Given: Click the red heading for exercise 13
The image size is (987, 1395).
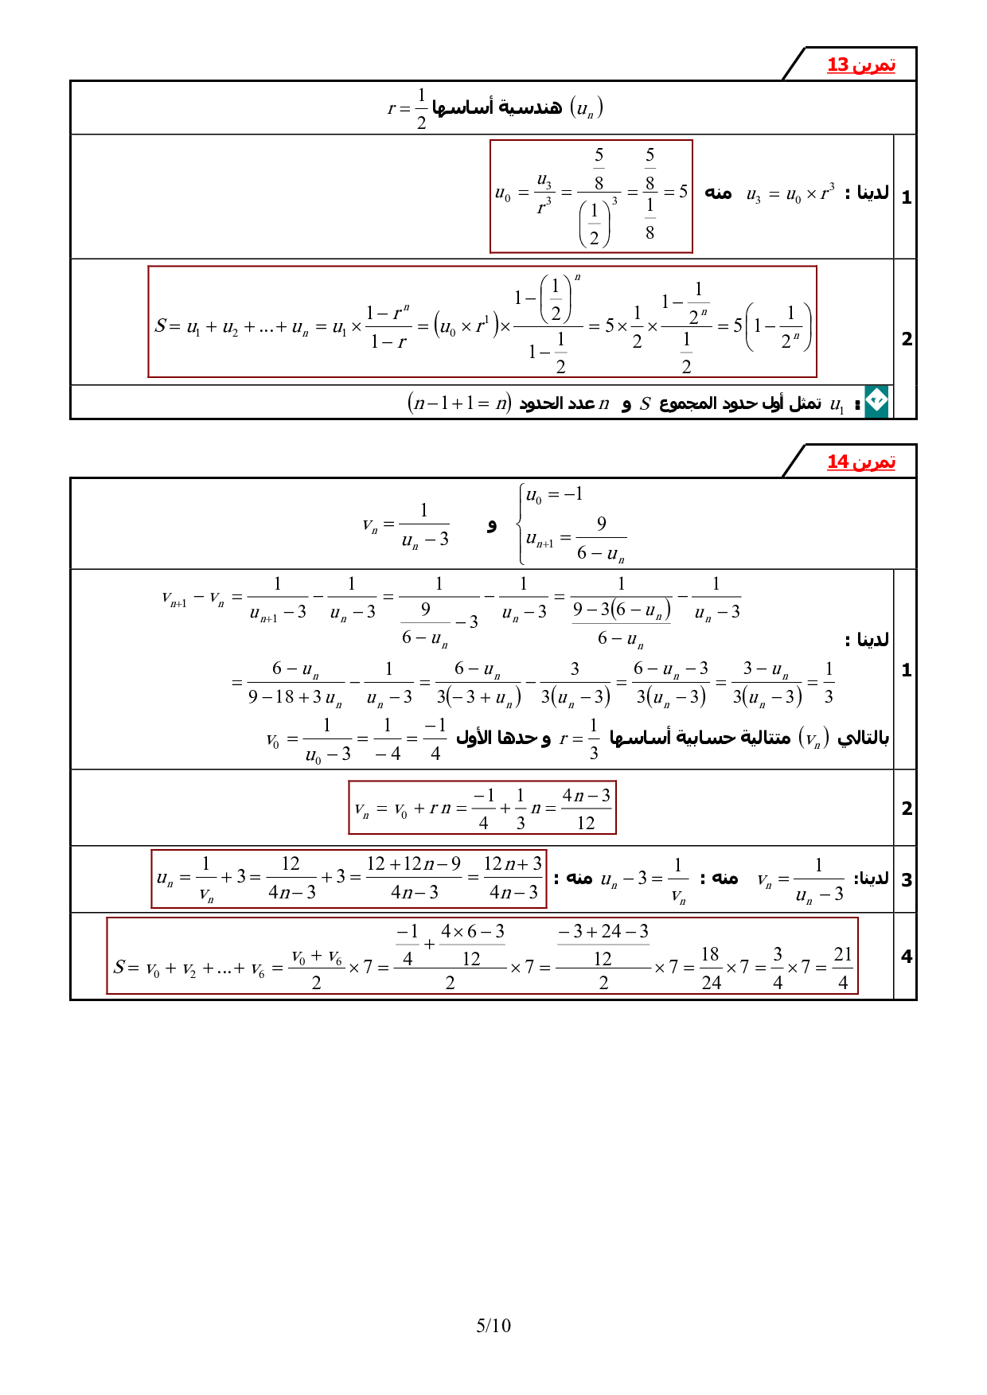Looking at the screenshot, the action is pos(861,64).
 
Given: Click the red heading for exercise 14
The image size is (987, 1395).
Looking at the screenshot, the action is pos(861,462).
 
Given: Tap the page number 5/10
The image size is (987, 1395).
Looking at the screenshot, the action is pos(494,1325).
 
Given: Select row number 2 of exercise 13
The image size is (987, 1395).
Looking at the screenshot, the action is pos(907,339).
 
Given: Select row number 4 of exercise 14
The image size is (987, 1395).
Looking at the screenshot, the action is pos(907,957).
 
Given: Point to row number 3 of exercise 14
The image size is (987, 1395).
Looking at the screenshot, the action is pos(907,880).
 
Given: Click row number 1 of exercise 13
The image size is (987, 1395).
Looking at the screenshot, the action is pos(907,197).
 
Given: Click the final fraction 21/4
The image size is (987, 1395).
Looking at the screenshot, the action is pos(843,968).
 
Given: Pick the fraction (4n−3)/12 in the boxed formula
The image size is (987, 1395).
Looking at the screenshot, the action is pos(586,809).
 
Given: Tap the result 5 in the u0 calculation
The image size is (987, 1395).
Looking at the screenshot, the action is pos(683,192).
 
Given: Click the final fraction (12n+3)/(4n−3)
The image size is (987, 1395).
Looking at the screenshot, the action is pos(513,878).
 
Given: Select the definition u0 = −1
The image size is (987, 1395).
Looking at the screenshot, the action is pos(554,495).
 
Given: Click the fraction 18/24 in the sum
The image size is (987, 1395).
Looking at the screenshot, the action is pos(711,968).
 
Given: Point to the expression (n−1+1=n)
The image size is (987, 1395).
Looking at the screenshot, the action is pos(459,403).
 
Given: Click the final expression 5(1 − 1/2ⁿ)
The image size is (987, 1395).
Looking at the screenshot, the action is pos(772,326).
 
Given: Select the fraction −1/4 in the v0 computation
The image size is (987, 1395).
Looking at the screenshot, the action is pos(435,739).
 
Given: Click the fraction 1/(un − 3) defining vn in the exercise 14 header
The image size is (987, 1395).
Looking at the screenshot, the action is pos(424,525).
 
